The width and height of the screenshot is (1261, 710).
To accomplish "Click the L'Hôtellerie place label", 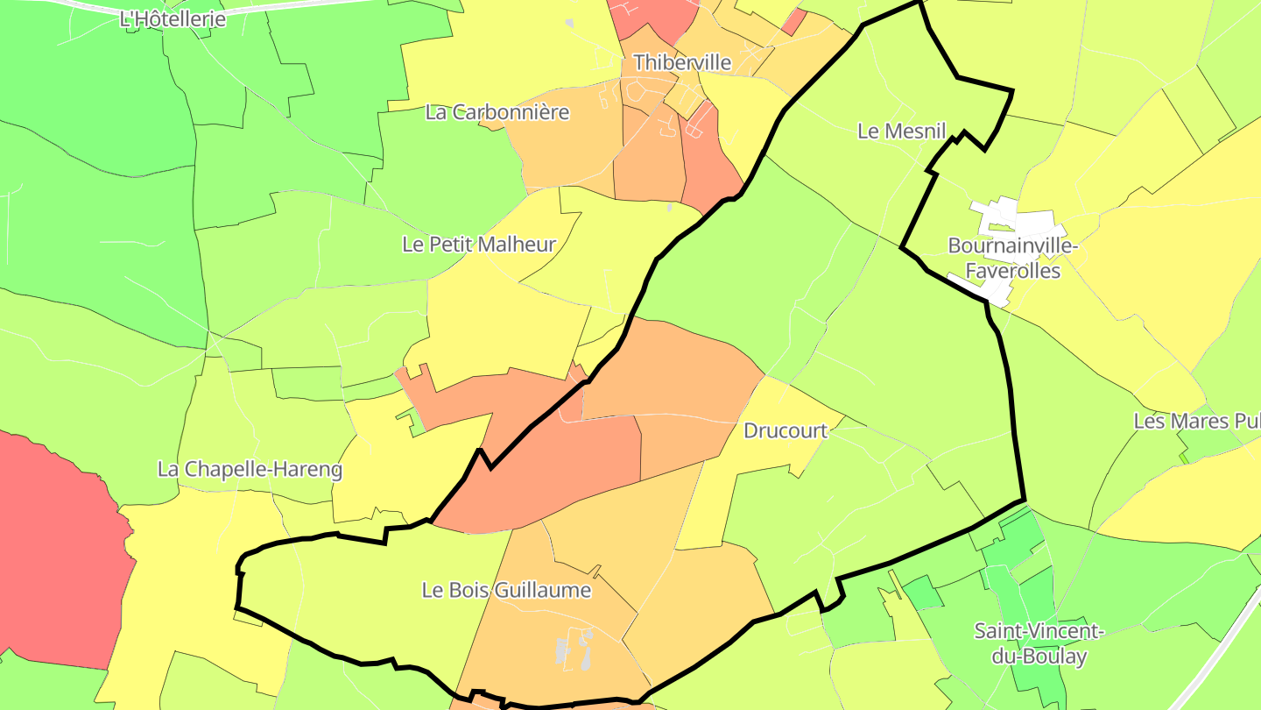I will click(x=173, y=18).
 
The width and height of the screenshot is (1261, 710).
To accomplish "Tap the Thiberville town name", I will click(x=681, y=62).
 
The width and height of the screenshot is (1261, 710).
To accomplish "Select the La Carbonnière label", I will click(x=497, y=112).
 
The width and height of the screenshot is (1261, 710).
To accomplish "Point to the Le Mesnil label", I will click(x=902, y=131).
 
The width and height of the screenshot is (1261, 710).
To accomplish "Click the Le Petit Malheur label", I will click(x=478, y=245).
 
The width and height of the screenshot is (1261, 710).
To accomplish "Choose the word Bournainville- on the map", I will click(x=1012, y=245).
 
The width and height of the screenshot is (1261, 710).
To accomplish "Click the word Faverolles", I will click(x=1012, y=271).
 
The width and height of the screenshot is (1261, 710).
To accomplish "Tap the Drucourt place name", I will click(x=785, y=430).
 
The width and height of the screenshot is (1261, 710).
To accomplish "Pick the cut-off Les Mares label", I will click(x=1196, y=421).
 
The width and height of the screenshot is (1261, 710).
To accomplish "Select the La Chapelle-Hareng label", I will click(x=250, y=469).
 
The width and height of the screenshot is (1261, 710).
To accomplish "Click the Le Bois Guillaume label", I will click(x=506, y=590).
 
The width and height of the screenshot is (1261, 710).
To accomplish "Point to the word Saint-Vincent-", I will click(x=1039, y=631).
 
